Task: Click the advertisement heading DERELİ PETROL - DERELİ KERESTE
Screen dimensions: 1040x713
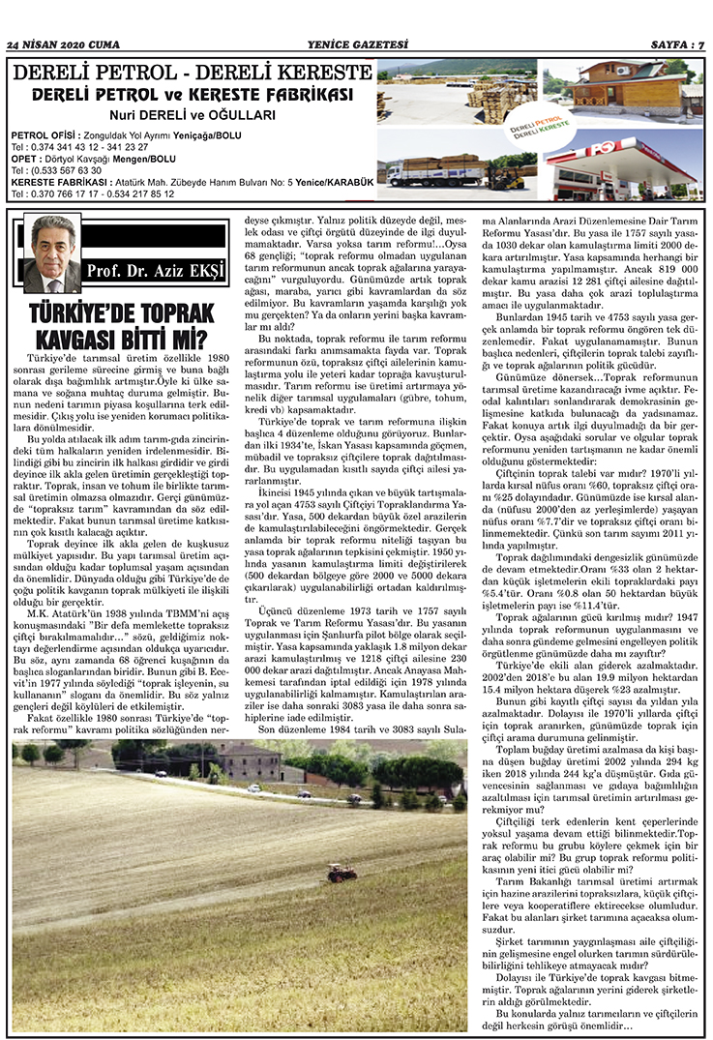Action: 193,74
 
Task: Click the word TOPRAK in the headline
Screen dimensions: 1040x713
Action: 165,313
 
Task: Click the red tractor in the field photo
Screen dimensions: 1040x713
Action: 341,873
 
